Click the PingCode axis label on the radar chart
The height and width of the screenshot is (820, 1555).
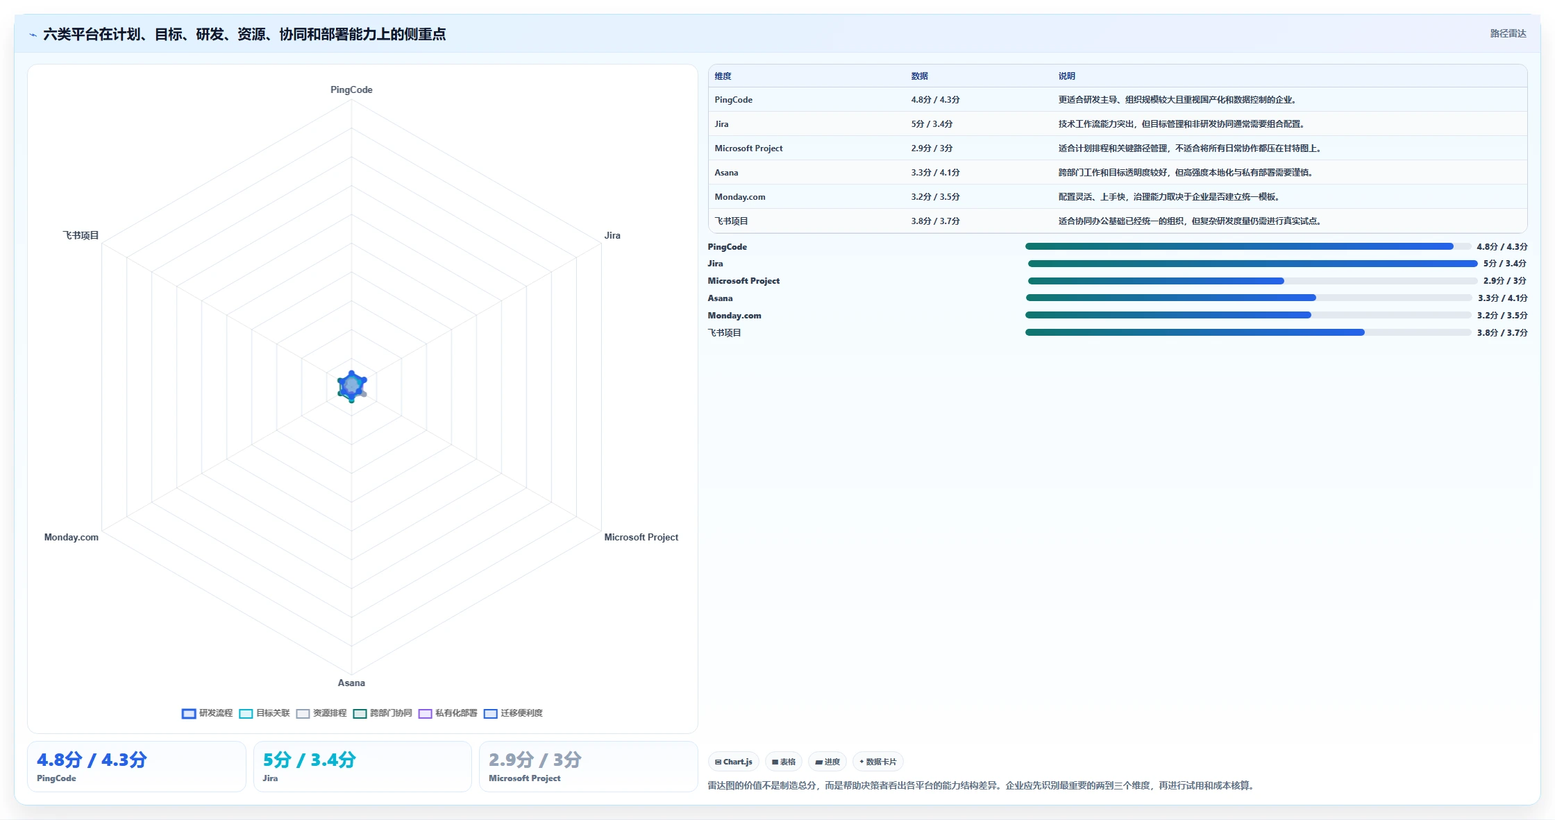[x=351, y=89]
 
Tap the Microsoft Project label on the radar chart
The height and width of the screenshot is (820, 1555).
[x=641, y=537]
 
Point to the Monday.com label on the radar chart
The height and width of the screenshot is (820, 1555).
[x=72, y=537]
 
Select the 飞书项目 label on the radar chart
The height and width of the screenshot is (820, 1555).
[x=81, y=235]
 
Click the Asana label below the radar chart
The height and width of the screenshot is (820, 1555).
[x=351, y=683]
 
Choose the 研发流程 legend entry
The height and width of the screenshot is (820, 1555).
[x=208, y=713]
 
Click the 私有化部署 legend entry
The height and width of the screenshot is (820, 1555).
[x=448, y=713]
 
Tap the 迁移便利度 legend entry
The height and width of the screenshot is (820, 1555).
[x=513, y=713]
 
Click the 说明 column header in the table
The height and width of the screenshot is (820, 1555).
[x=1066, y=76]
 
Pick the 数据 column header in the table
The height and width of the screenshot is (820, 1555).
[x=919, y=76]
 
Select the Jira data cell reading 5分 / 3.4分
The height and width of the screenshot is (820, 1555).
[x=932, y=124]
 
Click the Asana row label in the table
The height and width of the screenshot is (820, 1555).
[x=726, y=173]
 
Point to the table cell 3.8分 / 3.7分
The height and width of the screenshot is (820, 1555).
[x=935, y=221]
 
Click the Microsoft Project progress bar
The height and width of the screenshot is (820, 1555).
[x=1252, y=281]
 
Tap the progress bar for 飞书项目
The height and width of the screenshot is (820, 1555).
[x=1248, y=333]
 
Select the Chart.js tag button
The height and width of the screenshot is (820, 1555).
[x=734, y=762]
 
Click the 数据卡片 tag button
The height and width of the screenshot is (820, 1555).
[x=877, y=762]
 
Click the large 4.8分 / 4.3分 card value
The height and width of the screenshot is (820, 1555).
[x=92, y=760]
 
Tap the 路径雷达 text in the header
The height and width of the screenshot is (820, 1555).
[x=1508, y=33]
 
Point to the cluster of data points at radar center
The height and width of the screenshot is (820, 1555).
[x=352, y=386]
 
